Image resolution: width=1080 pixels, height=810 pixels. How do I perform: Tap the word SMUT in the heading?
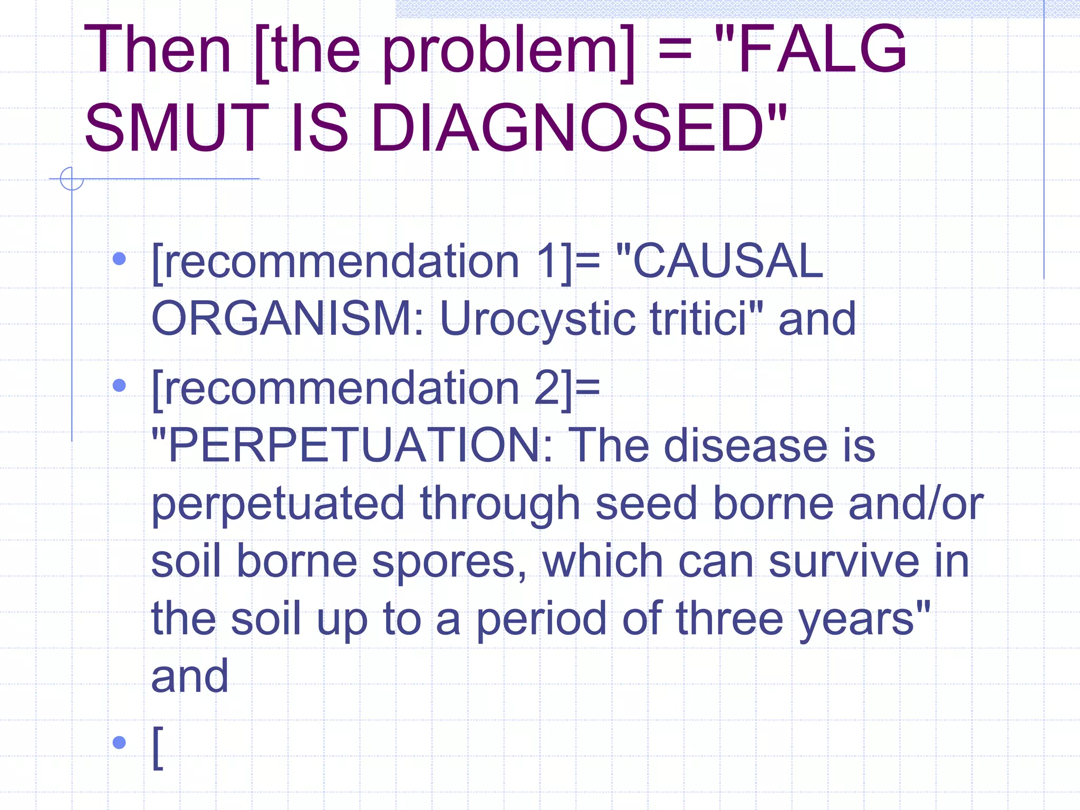[x=177, y=128]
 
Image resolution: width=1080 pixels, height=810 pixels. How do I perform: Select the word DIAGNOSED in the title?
[x=567, y=128]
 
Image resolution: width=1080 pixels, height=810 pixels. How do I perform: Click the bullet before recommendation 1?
[x=120, y=259]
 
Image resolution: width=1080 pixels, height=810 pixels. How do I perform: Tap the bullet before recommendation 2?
[x=120, y=385]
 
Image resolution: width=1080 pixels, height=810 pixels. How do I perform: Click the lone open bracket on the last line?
[x=158, y=748]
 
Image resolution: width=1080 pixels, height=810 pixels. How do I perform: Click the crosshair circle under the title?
[x=72, y=179]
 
